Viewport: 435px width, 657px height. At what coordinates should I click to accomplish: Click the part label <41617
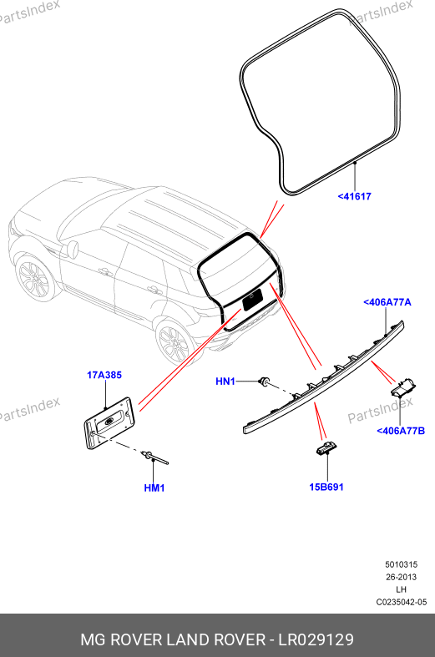[355, 196]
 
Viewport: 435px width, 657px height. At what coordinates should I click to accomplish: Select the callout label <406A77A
[387, 302]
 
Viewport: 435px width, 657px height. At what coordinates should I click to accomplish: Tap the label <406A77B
[401, 431]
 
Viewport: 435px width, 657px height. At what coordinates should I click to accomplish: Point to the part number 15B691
[326, 487]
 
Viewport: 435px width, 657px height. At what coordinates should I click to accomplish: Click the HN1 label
[225, 382]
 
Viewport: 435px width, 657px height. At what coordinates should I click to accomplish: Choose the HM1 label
[154, 488]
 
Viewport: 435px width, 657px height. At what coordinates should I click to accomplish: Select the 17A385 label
[104, 375]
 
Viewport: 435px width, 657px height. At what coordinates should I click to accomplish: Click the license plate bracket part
[109, 422]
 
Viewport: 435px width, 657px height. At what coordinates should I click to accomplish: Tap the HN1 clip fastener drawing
[265, 382]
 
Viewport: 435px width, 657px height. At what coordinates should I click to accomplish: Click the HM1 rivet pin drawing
[155, 457]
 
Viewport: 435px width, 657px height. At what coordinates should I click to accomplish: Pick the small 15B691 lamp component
[326, 448]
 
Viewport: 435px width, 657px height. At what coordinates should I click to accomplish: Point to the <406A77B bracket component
[403, 387]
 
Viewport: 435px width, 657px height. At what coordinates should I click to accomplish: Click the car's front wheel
[35, 278]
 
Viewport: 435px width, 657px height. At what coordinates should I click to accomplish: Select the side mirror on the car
[72, 249]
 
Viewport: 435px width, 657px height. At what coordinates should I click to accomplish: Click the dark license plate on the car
[253, 299]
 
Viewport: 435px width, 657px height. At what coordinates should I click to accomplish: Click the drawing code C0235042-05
[401, 602]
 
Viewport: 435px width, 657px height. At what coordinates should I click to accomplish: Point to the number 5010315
[401, 564]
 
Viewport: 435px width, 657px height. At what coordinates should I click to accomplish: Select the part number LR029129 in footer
[316, 639]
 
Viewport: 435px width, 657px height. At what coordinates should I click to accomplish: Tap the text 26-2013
[401, 577]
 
